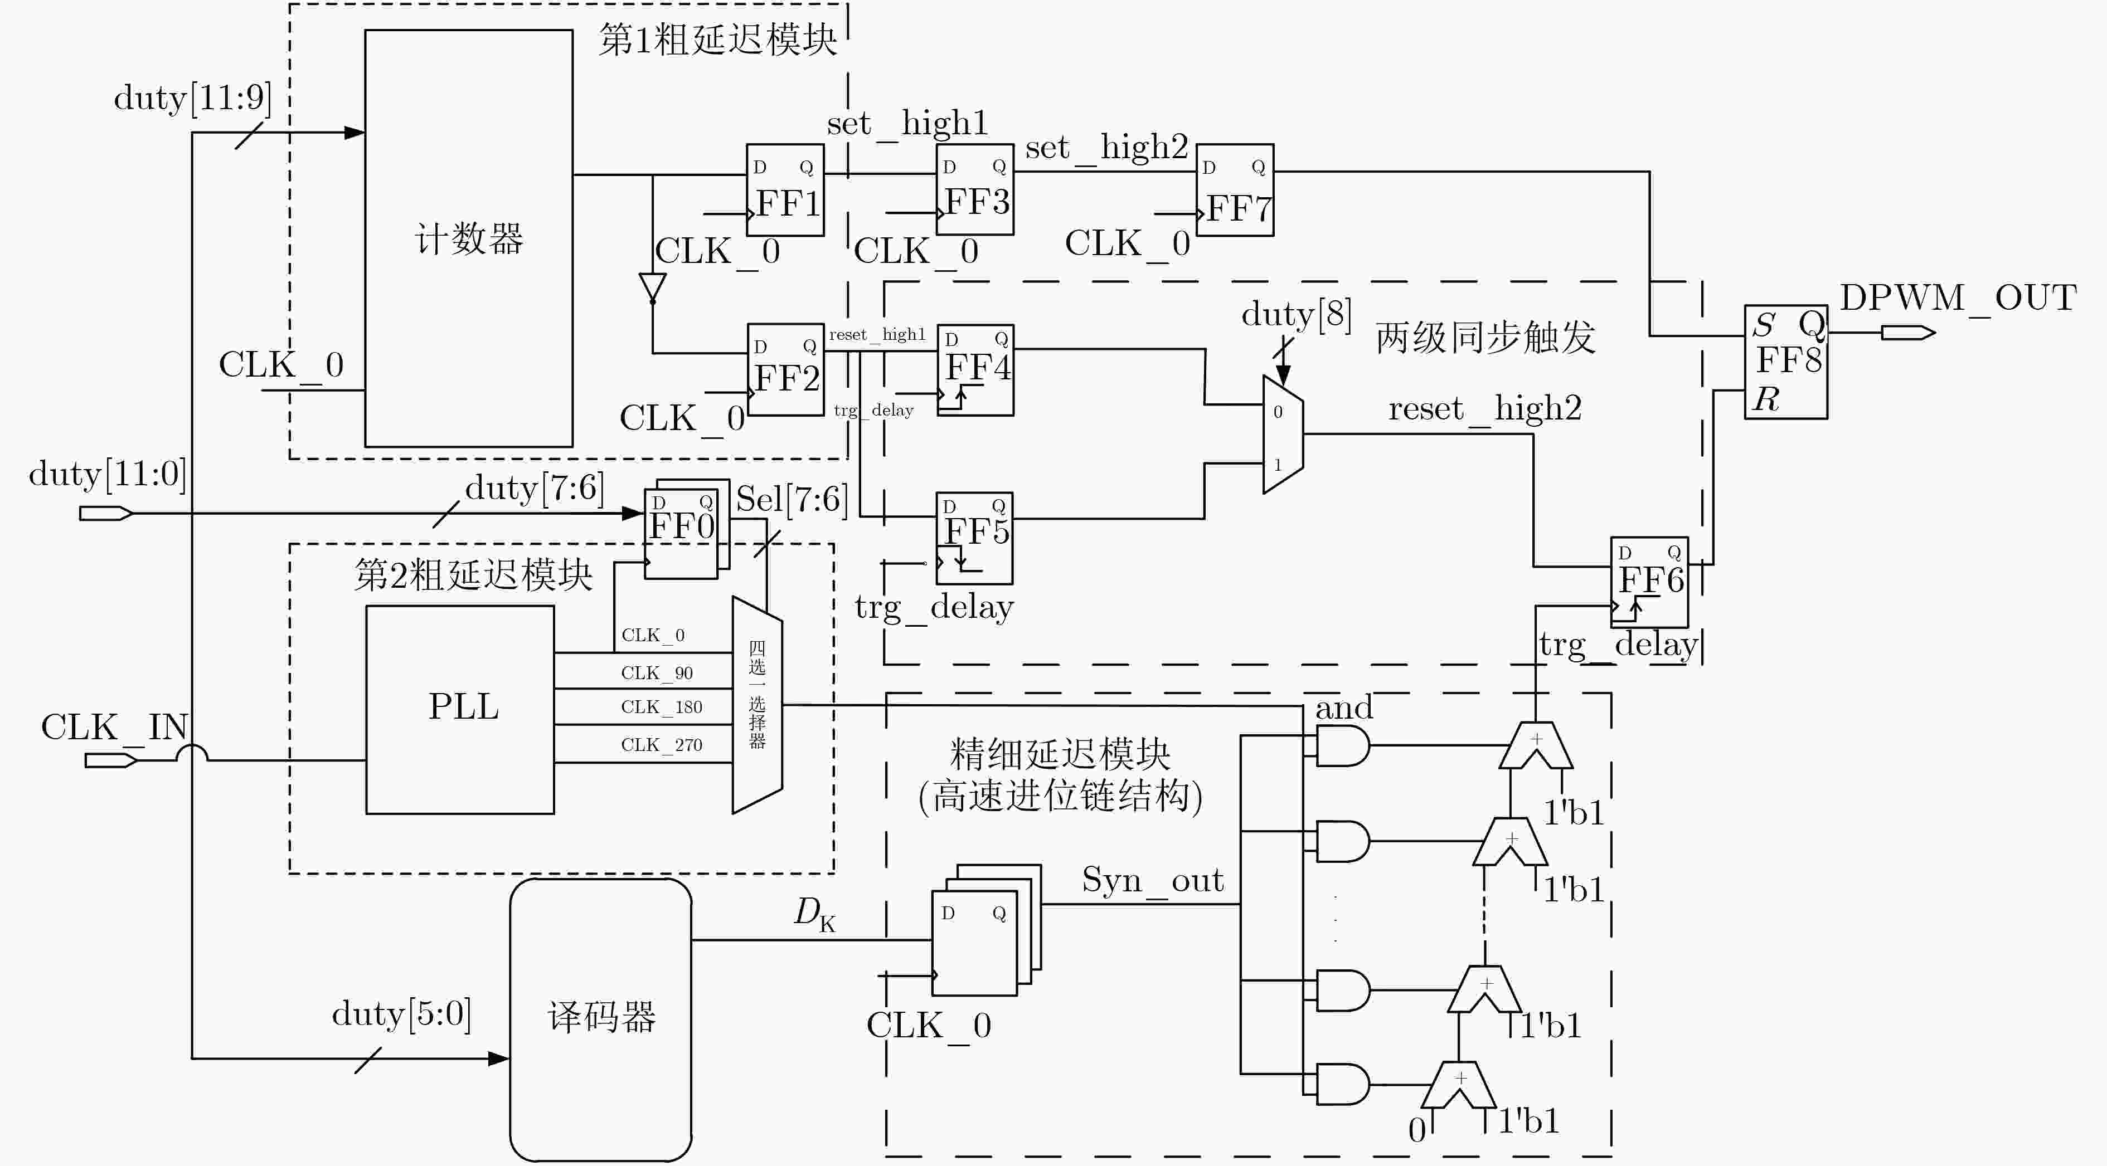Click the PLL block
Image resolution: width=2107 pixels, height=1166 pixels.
point(460,709)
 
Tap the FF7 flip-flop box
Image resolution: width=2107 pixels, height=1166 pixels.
point(1234,190)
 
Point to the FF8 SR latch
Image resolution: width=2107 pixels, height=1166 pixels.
point(1785,362)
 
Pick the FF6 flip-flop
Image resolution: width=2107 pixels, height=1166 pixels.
point(1649,582)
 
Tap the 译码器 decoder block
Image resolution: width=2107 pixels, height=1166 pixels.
point(600,1019)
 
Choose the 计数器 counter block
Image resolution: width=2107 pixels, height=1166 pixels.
point(469,238)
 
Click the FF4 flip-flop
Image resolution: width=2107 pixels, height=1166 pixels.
point(975,369)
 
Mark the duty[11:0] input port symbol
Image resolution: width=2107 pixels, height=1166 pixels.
point(105,514)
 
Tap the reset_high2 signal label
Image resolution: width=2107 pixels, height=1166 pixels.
point(1484,409)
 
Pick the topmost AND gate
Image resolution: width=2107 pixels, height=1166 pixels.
point(1342,746)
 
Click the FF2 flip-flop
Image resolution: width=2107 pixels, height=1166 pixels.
point(785,369)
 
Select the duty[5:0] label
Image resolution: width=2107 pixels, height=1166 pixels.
point(401,1014)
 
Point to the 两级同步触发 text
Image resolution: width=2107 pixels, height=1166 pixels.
point(1485,338)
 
